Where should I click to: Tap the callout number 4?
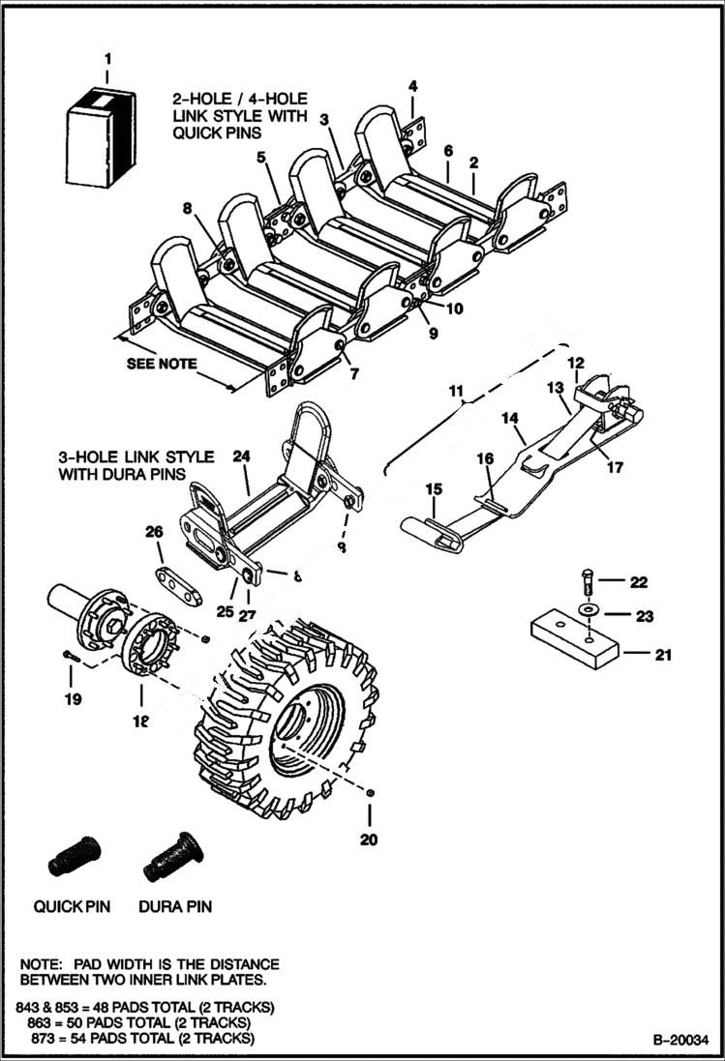412,87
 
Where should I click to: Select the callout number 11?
455,391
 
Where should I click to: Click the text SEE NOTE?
162,365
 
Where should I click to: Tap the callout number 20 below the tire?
368,840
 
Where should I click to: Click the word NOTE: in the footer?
42,965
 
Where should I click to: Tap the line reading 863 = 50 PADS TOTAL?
135,1022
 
